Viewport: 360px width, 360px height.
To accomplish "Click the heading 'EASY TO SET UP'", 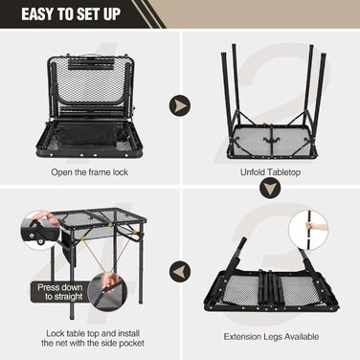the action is tap(71, 14).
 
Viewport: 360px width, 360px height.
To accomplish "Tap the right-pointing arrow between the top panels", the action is tap(180, 105).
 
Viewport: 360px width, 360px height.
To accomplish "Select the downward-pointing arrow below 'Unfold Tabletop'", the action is tap(270, 188).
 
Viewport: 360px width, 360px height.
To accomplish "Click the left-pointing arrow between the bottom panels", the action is tap(180, 271).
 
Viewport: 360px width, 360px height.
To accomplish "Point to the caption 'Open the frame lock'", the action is tap(89, 172).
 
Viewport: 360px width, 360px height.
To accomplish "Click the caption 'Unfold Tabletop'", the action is tap(270, 172).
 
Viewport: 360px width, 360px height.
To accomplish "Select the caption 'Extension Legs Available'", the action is tap(271, 336).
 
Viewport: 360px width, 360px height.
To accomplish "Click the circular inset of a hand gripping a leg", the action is tap(308, 230).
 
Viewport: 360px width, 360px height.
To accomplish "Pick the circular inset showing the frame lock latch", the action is tap(40, 229).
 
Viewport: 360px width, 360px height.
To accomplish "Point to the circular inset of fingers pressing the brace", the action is tap(108, 290).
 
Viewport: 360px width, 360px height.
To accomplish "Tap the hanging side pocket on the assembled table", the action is tap(68, 248).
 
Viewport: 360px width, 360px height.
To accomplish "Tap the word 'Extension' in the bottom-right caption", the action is tap(242, 336).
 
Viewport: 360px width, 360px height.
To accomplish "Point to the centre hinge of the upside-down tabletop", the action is tap(270, 140).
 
